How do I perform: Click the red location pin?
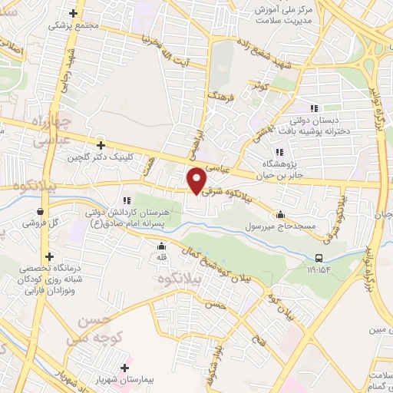tap(197, 180)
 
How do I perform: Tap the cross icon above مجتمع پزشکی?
tap(74, 13)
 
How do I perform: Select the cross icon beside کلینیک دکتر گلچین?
tap(101, 145)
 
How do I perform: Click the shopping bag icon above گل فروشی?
tap(39, 211)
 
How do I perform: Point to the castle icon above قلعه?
tap(161, 246)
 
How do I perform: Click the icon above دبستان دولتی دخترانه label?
tap(313, 108)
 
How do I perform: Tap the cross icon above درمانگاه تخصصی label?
tap(50, 257)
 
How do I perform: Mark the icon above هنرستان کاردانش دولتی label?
tap(124, 200)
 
